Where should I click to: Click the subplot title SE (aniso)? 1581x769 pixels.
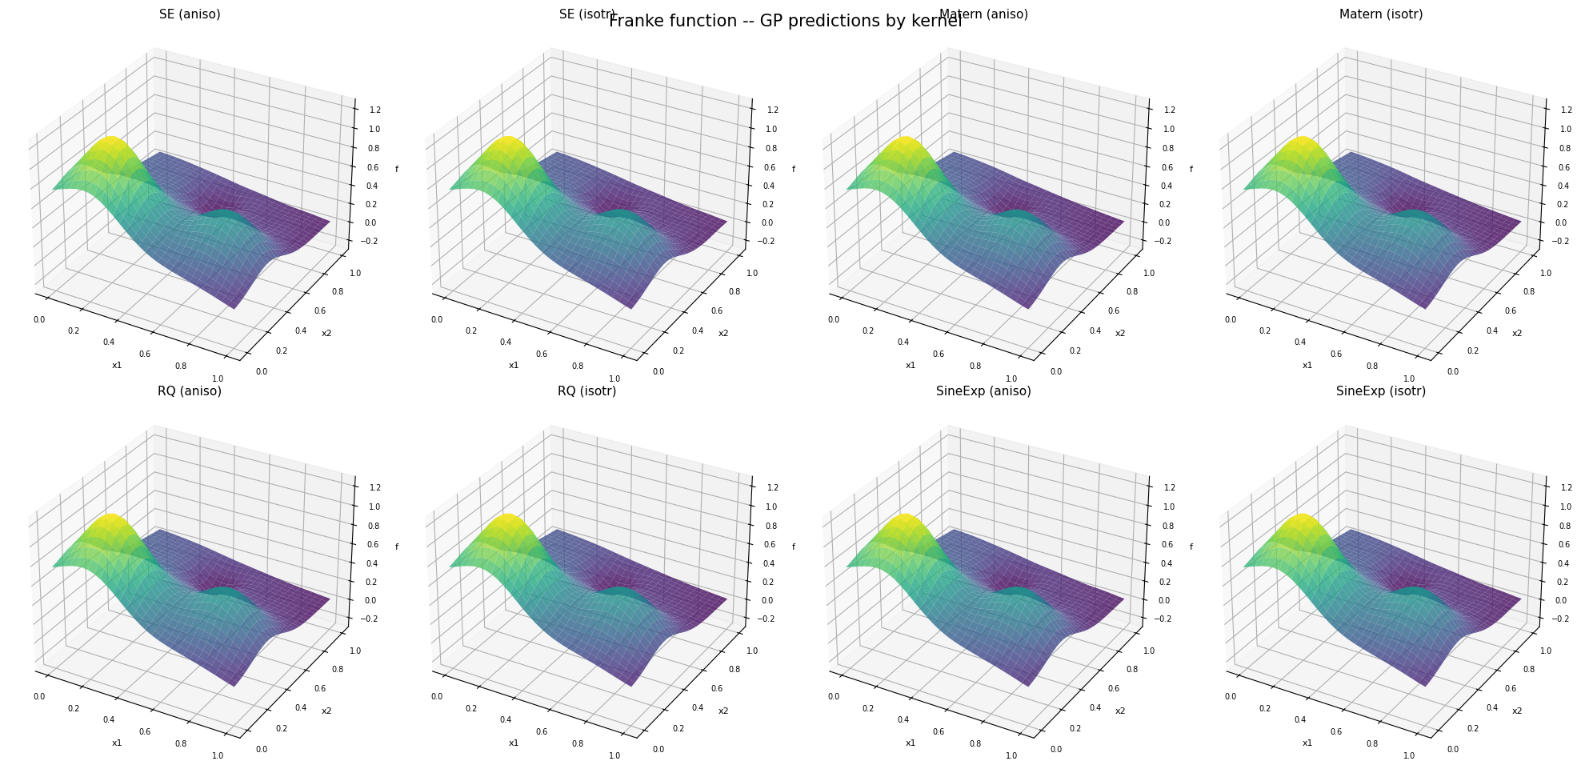190,14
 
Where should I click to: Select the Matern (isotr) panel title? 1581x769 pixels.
1380,14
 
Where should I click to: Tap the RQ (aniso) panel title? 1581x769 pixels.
190,391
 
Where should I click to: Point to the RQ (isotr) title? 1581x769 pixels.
586,391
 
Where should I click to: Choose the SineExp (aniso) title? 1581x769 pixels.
983,391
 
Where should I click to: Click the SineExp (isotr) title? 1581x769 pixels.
1380,391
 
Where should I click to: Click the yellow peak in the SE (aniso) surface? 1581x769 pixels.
112,143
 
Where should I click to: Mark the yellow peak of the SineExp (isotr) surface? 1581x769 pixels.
1303,520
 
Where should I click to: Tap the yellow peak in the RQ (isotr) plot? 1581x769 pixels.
509,520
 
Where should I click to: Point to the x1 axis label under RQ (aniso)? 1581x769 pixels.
117,743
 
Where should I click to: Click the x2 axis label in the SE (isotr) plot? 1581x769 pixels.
723,333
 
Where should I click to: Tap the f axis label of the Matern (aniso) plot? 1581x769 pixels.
1191,169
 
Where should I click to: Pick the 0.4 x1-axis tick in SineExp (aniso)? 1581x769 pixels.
903,719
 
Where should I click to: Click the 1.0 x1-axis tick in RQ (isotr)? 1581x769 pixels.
614,755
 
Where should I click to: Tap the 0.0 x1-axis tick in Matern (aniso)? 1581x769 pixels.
834,319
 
